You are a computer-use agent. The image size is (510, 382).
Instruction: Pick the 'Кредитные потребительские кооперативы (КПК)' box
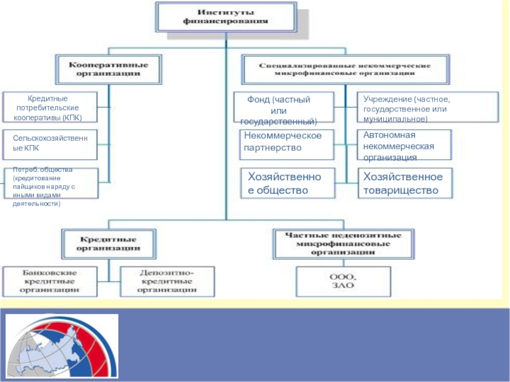pyautogui.click(x=50, y=108)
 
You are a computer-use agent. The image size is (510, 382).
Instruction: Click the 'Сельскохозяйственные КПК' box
pyautogui.click(x=50, y=144)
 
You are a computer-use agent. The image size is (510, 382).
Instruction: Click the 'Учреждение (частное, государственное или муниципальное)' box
pyautogui.click(x=427, y=108)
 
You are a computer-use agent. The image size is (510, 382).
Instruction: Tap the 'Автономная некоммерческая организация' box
pyautogui.click(x=404, y=145)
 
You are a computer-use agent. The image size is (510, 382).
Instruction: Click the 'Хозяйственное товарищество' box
pyautogui.click(x=404, y=183)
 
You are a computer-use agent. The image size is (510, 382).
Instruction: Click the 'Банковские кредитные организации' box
pyautogui.click(x=50, y=281)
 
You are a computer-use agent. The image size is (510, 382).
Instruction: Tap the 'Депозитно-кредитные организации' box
pyautogui.click(x=167, y=281)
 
